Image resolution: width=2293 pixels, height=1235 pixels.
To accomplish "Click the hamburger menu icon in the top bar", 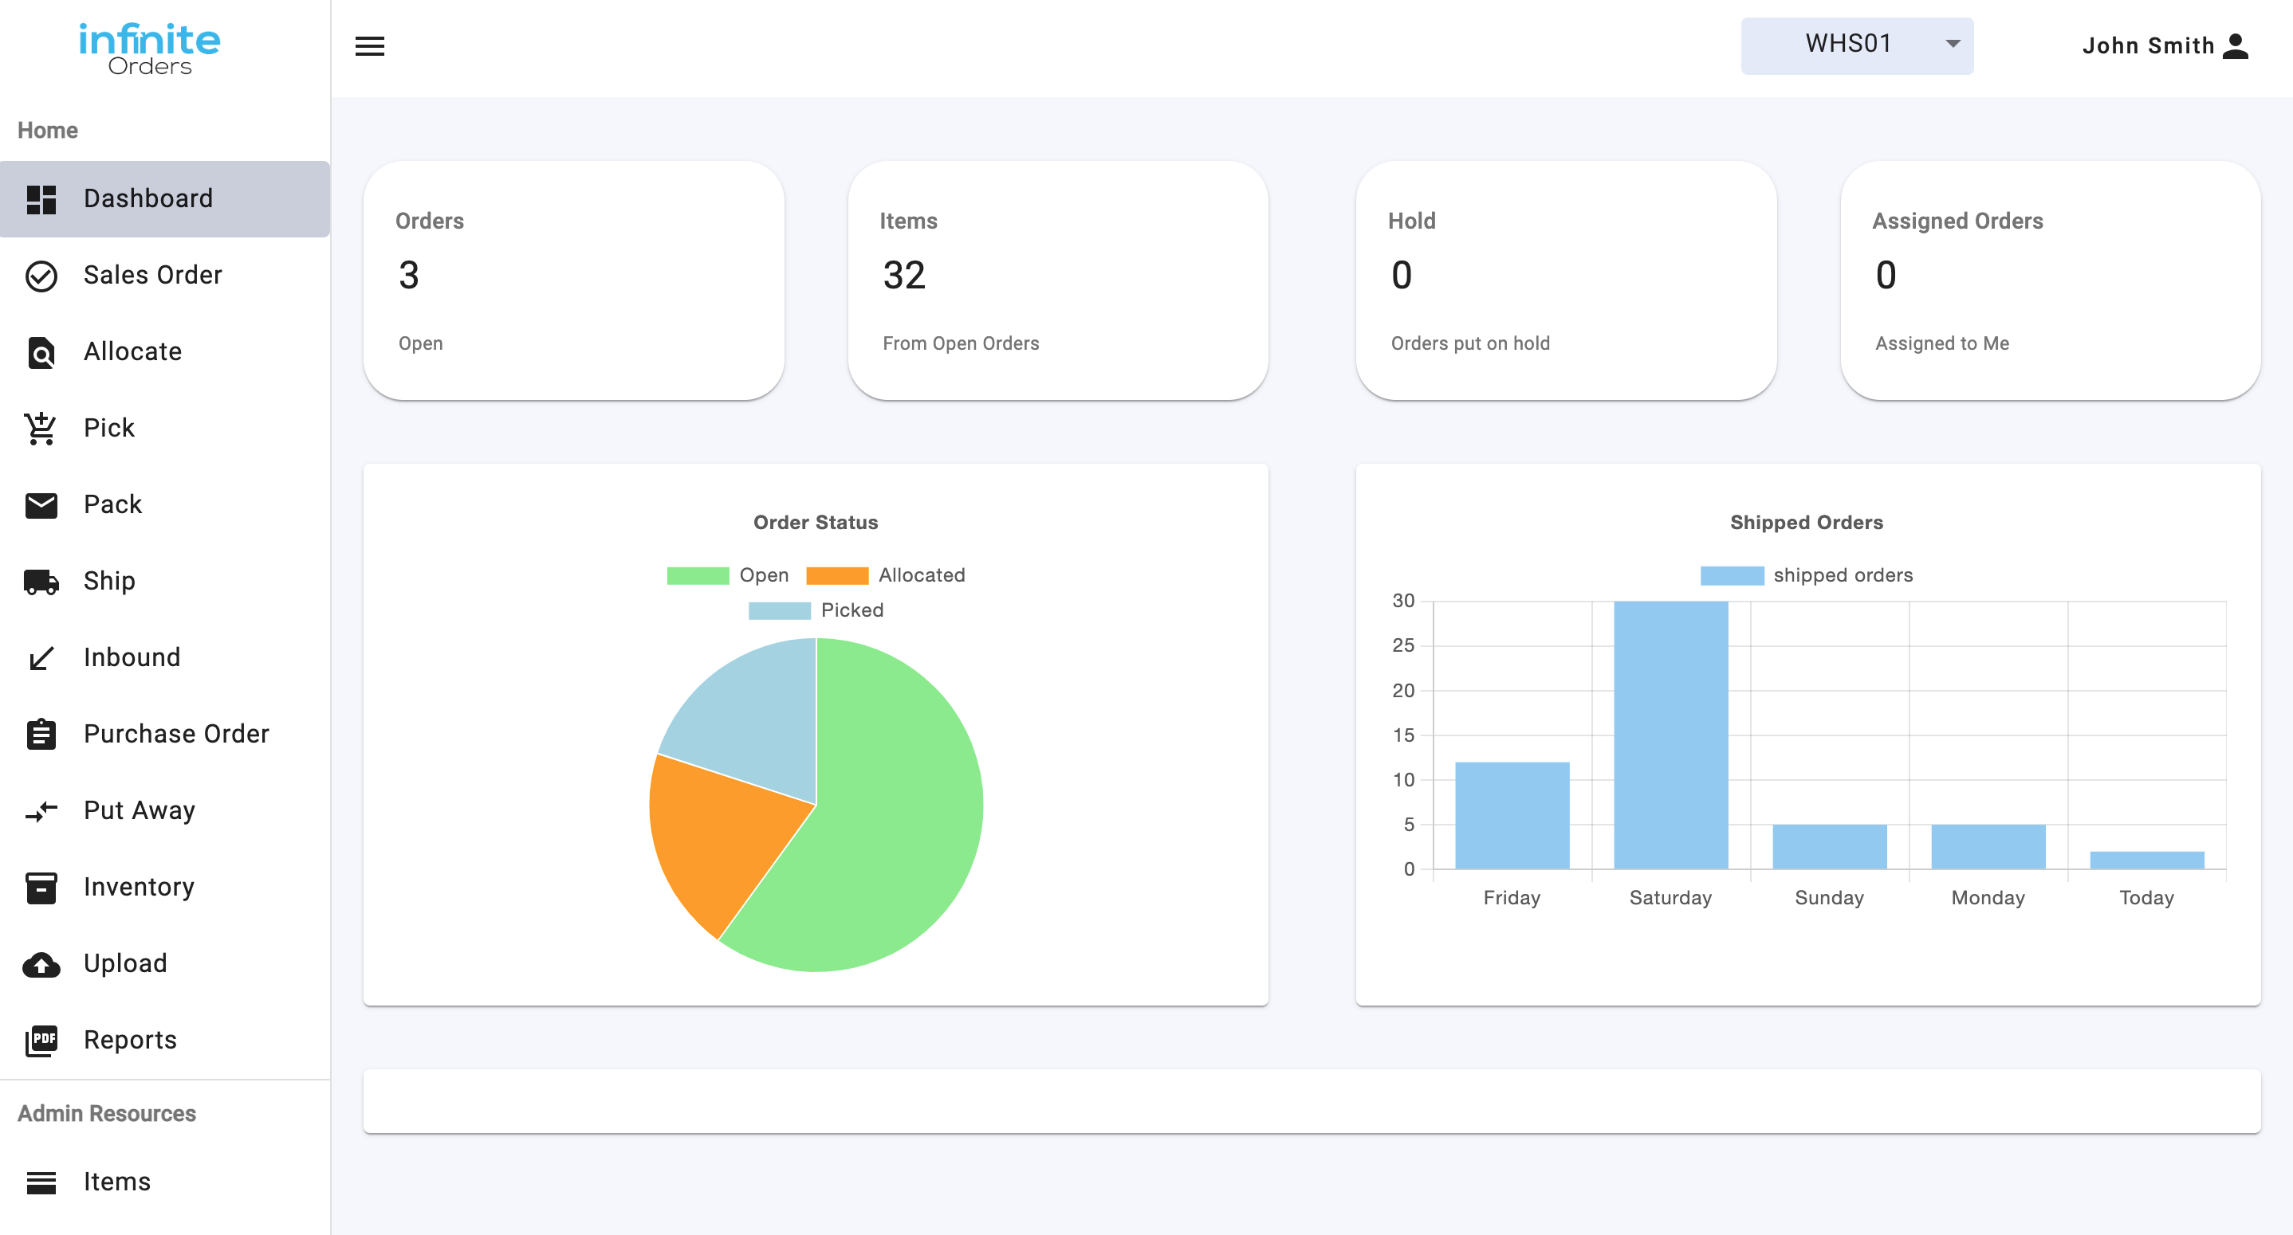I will point(369,46).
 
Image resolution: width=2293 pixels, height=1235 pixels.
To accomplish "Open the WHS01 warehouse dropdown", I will point(1857,45).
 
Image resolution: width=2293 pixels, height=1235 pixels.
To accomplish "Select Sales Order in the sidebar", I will point(152,275).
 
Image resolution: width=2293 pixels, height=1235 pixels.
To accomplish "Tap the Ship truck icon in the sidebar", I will point(41,581).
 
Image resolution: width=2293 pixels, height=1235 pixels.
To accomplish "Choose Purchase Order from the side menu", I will point(175,734).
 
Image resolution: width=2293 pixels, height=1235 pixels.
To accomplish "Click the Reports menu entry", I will point(130,1040).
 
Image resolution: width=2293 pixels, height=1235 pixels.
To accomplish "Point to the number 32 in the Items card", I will point(903,275).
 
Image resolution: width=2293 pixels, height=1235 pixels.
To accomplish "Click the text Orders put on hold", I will point(1469,343).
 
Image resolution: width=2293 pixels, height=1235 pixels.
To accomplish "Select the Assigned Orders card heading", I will point(1957,221).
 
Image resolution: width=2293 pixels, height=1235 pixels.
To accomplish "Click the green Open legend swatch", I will point(698,576).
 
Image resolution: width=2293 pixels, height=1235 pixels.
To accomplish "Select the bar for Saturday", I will point(1670,735).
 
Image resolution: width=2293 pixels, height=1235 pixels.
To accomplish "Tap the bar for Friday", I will point(1512,815).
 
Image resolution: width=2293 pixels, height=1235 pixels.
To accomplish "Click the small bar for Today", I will point(2146,860).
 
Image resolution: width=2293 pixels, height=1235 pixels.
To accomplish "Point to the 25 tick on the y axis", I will point(1403,645).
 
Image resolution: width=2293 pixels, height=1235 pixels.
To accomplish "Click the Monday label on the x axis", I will point(1988,898).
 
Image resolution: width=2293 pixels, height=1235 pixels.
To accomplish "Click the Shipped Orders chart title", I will point(1806,523).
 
